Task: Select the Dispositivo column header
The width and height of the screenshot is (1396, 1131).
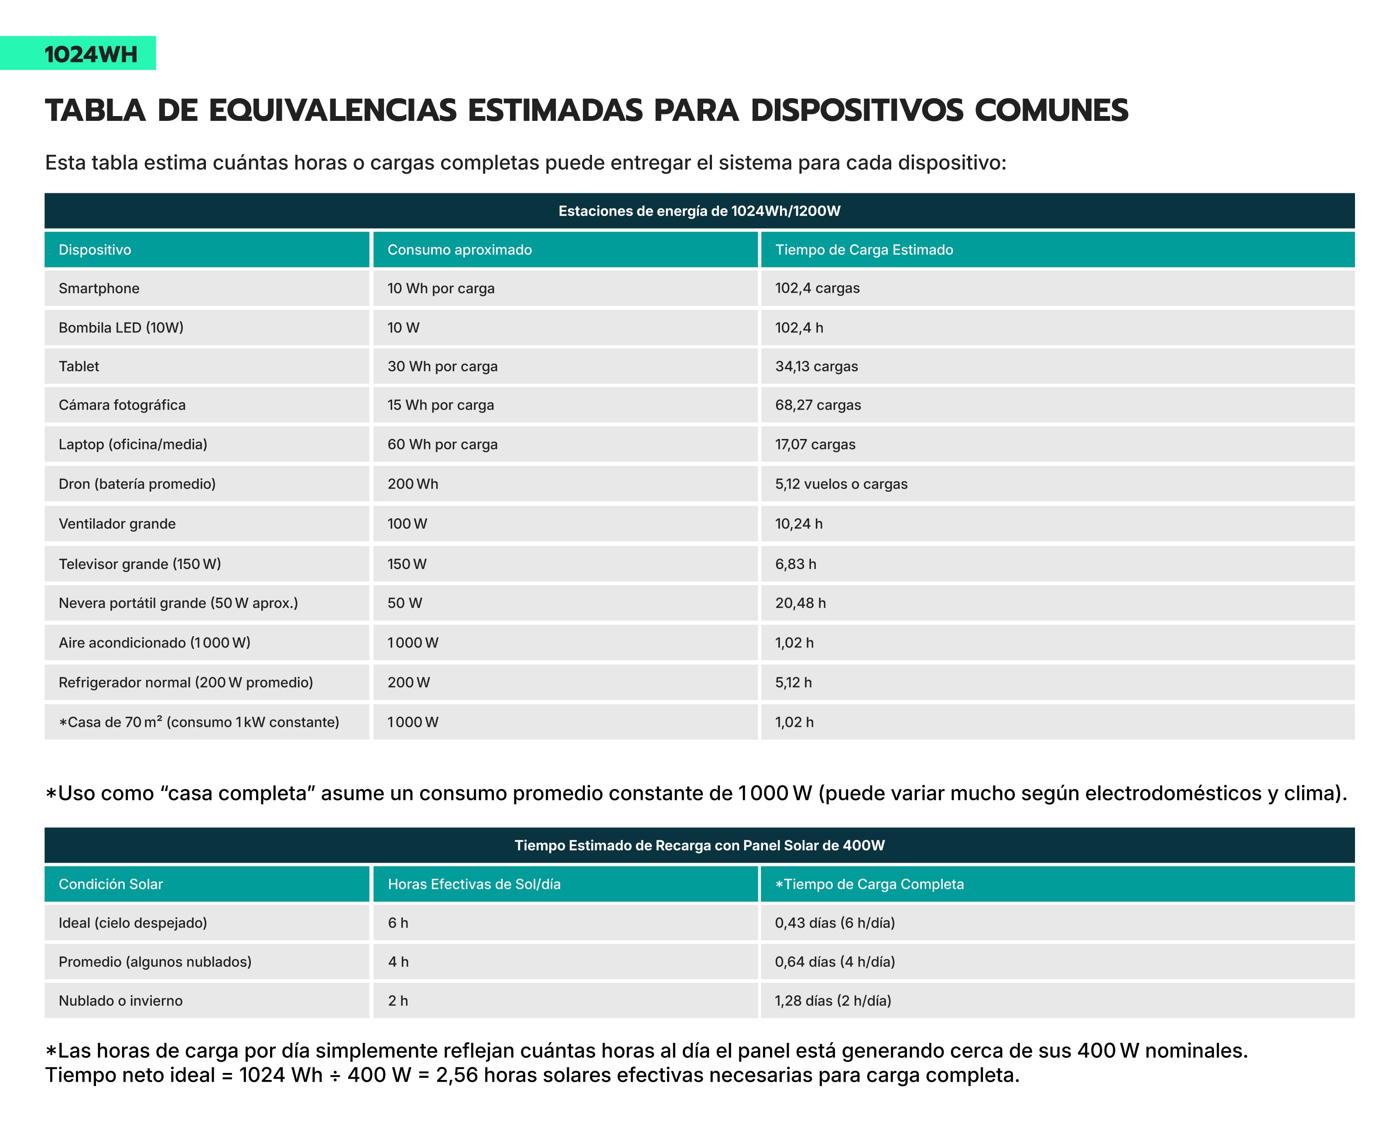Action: (x=95, y=250)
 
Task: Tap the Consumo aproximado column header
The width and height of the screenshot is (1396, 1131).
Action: (x=459, y=250)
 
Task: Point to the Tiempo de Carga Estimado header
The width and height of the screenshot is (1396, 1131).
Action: (x=864, y=250)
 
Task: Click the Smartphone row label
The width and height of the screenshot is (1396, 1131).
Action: (x=99, y=288)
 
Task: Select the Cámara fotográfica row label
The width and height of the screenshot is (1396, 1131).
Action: (x=122, y=405)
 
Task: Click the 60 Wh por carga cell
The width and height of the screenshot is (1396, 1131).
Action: (x=442, y=444)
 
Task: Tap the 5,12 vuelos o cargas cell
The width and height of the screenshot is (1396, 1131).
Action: (x=841, y=484)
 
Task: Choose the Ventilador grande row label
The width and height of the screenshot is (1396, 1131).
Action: (x=117, y=524)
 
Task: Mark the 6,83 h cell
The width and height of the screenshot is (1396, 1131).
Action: (x=795, y=564)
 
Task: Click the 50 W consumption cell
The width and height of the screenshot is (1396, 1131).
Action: (x=404, y=603)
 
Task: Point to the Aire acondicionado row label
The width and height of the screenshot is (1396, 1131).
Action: (x=154, y=643)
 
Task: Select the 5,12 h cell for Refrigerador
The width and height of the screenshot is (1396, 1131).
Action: (x=794, y=683)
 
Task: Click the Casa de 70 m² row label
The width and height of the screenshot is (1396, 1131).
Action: (x=199, y=722)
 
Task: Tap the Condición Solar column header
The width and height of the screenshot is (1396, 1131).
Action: (x=111, y=884)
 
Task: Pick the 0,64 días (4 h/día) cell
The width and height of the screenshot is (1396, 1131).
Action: (x=835, y=962)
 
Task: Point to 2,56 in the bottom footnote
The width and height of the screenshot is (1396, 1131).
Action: (x=457, y=1076)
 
